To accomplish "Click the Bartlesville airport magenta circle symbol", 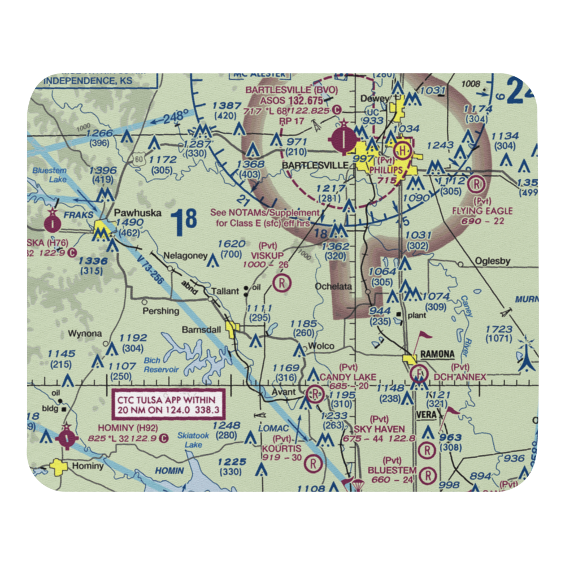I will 343,140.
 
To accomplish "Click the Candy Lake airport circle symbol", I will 314,393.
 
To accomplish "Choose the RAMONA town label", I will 437,354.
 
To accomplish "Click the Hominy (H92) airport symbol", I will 66,438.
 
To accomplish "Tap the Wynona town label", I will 85,333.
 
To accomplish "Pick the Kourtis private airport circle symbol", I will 312,464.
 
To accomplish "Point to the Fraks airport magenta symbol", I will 53,223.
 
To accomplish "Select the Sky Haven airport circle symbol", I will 427,450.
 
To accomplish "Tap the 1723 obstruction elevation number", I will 498,329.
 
